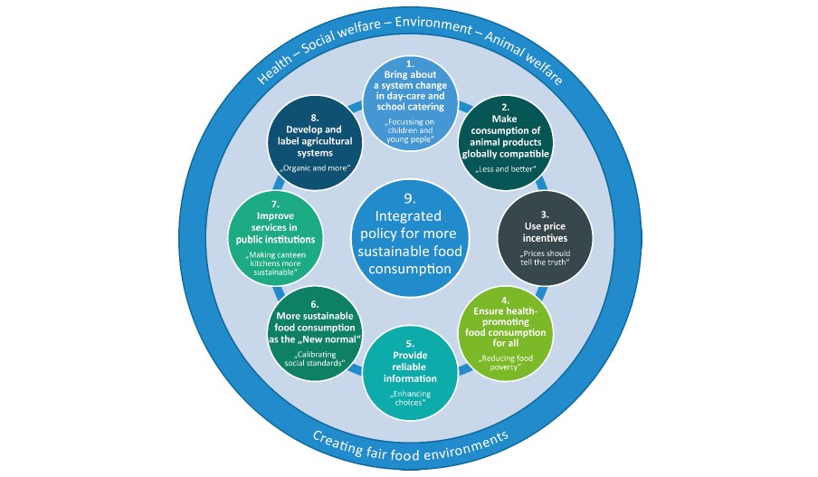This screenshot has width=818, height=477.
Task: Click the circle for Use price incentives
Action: [545, 239]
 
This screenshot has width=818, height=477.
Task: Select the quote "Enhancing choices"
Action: [410, 398]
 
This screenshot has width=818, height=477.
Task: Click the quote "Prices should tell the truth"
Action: [545, 259]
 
